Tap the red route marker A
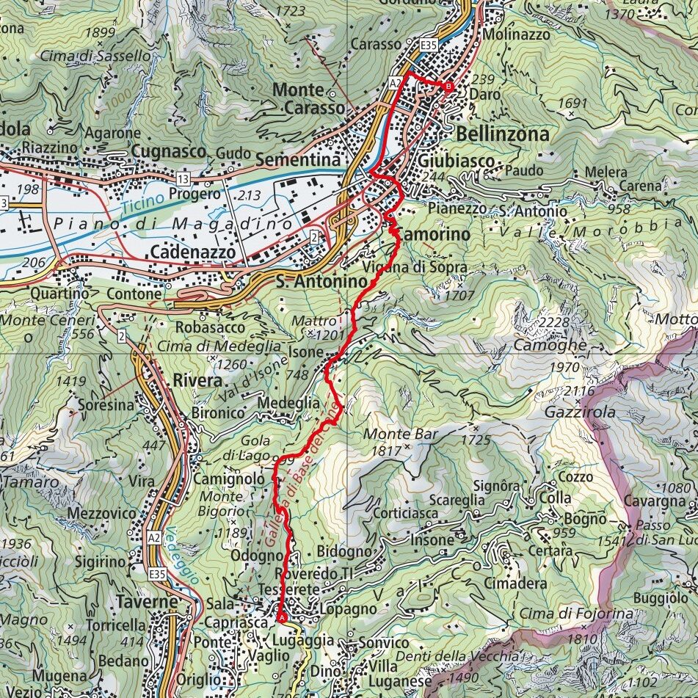coord(281,618)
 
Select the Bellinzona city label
coord(502,134)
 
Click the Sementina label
coord(298,160)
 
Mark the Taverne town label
coord(148,602)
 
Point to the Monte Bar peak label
coord(400,435)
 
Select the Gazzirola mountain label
coord(570,412)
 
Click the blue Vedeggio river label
coord(181,556)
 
